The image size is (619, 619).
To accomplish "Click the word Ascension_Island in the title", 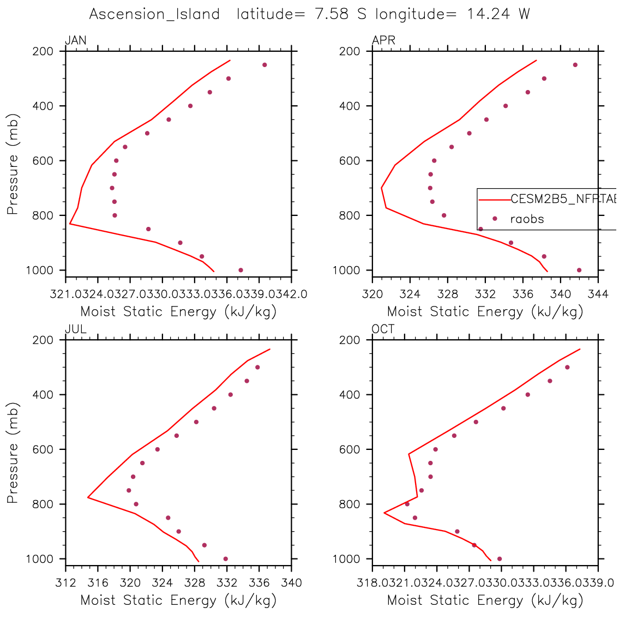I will point(154,14).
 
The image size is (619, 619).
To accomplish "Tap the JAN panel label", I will point(75,40).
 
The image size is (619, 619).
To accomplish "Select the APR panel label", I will point(383,40).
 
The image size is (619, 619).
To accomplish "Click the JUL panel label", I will point(75,329).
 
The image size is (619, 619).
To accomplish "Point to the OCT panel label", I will point(383,329).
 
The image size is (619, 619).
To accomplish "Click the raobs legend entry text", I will point(527,219).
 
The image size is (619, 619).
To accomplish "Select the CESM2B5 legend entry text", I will point(562,199).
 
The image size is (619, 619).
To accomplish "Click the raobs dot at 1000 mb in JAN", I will point(241,270).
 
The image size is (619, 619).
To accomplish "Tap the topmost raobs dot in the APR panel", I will point(575,65).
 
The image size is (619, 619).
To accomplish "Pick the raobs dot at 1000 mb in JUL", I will point(225,558).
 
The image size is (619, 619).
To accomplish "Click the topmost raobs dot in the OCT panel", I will point(567,367).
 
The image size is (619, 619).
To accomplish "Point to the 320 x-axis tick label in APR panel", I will point(372,295).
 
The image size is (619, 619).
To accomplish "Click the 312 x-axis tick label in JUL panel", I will point(65,583).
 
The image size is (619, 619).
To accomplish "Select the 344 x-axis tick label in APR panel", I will point(598,295).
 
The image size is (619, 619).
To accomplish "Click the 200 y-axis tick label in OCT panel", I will point(352,340).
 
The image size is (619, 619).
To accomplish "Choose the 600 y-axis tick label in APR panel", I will point(352,161).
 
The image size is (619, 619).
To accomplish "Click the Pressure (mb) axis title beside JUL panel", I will point(13,453).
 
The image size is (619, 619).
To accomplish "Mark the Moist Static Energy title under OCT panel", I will point(485,600).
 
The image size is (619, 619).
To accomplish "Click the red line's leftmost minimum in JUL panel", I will point(88,497).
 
